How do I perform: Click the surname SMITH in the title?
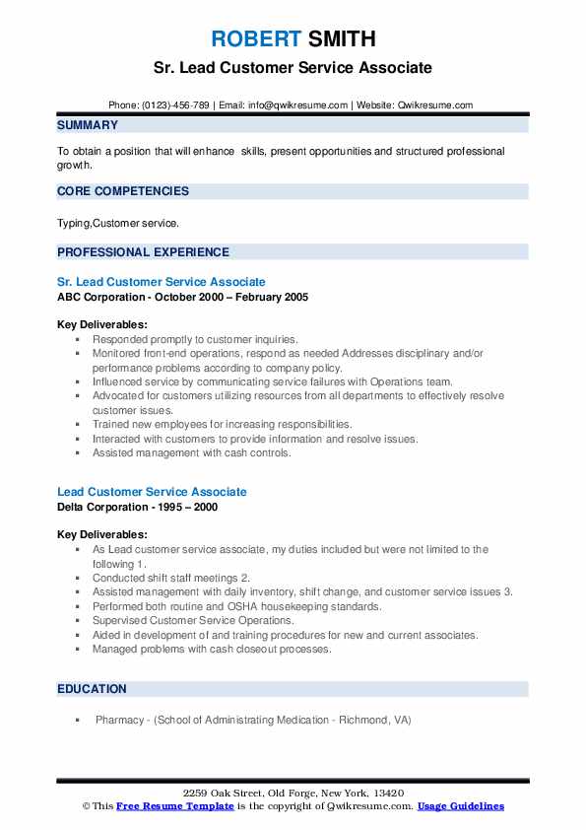(x=341, y=39)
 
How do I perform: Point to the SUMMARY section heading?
(x=88, y=125)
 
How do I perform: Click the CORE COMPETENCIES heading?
(x=123, y=191)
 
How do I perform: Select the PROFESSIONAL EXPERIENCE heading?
(x=143, y=251)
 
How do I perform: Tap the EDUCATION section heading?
(x=92, y=689)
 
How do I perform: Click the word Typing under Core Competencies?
(x=73, y=224)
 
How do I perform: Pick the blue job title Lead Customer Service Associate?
(x=152, y=492)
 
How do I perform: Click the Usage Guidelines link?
(x=460, y=806)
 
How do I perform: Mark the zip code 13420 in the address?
(x=387, y=794)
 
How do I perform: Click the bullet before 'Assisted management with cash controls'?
(x=78, y=453)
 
